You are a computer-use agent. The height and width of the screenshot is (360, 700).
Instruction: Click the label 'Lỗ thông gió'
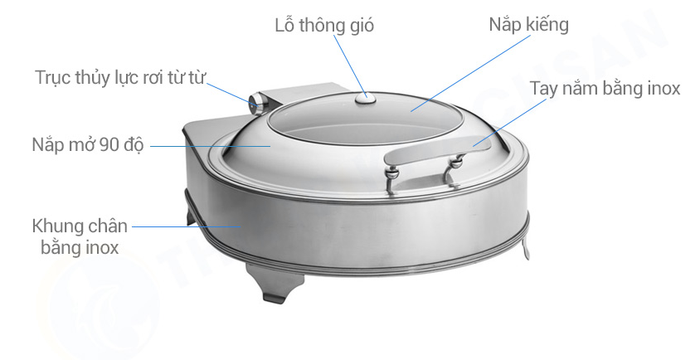324,25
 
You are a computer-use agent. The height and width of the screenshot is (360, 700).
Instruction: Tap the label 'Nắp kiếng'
528,25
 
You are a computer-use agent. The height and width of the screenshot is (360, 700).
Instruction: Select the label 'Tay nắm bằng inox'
605,89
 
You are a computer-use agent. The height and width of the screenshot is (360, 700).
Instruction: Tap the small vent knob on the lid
365,99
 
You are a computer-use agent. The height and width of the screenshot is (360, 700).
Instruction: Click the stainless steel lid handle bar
431,150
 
